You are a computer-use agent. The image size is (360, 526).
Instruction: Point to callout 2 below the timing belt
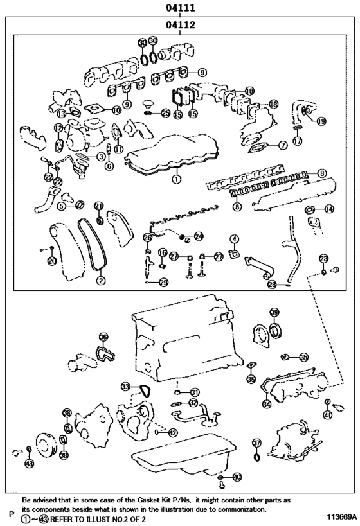[x=100, y=280]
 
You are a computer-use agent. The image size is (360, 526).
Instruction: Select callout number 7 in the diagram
[x=283, y=146]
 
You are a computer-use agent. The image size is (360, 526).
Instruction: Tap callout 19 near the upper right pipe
[x=321, y=121]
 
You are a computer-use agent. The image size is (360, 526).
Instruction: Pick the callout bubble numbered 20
[x=51, y=260]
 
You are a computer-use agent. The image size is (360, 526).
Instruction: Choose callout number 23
[x=323, y=258]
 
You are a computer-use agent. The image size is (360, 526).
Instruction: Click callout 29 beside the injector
[x=163, y=282]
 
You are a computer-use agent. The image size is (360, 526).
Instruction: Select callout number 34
[x=265, y=404]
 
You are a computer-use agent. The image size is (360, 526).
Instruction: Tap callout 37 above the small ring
[x=256, y=443]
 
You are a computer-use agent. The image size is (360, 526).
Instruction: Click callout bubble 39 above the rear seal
[x=274, y=313]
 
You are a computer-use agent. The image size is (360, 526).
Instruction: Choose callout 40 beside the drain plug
[x=237, y=477]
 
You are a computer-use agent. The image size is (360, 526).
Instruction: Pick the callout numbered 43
[x=28, y=463]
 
